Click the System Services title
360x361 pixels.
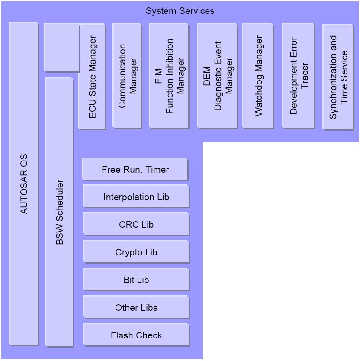pyautogui.click(x=180, y=11)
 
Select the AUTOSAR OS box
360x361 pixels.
pyautogui.click(x=23, y=184)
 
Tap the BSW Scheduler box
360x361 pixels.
pyautogui.click(x=59, y=212)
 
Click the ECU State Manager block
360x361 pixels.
pyautogui.click(x=92, y=77)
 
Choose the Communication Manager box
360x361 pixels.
pyautogui.click(x=127, y=75)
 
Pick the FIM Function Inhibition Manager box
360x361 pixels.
pyautogui.click(x=169, y=75)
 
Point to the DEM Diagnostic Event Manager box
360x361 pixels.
pyautogui.click(x=217, y=75)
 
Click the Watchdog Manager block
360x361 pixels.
pyautogui.click(x=258, y=75)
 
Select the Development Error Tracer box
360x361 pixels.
pyautogui.click(x=299, y=75)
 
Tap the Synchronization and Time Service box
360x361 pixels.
pyautogui.click(x=338, y=77)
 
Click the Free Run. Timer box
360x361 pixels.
pyautogui.click(x=135, y=169)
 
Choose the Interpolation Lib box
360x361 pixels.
pyautogui.click(x=136, y=197)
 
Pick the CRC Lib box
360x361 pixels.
pyautogui.click(x=136, y=224)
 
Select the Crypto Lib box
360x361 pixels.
pyautogui.click(x=136, y=251)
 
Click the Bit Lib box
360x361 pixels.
pyautogui.click(x=136, y=280)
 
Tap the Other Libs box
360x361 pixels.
pyautogui.click(x=136, y=307)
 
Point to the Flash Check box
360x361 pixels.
pyautogui.click(x=136, y=335)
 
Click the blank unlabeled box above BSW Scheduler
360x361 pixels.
pyautogui.click(x=61, y=48)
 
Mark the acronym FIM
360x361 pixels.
pyautogui.click(x=158, y=76)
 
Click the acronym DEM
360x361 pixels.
pyautogui.click(x=207, y=76)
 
